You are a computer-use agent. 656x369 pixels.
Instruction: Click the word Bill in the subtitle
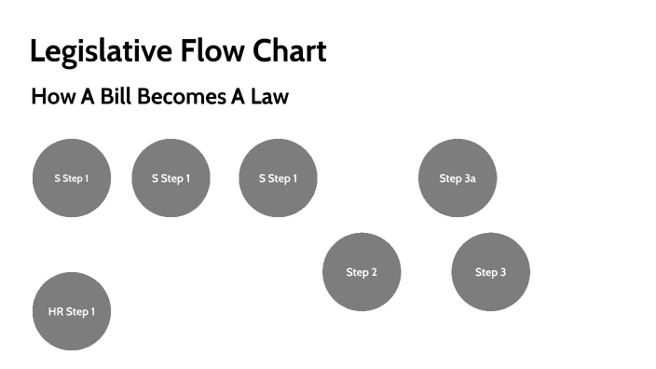point(116,97)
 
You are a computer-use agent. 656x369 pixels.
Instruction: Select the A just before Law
point(238,97)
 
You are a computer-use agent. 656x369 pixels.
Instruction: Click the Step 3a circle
point(458,178)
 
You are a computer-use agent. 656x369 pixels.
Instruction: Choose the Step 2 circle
point(362,272)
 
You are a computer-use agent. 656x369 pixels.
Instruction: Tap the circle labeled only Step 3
point(490,272)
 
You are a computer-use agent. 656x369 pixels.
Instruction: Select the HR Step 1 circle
point(72,311)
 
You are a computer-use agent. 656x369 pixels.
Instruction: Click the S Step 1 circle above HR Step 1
point(72,178)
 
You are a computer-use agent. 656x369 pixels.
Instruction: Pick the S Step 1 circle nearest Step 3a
point(278,178)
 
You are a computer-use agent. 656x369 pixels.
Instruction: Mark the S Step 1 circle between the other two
point(171,178)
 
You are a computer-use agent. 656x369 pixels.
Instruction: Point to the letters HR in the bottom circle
point(55,311)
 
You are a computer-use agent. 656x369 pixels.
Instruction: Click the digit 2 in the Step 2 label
point(374,272)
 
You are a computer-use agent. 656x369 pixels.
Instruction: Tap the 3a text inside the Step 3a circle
point(470,178)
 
